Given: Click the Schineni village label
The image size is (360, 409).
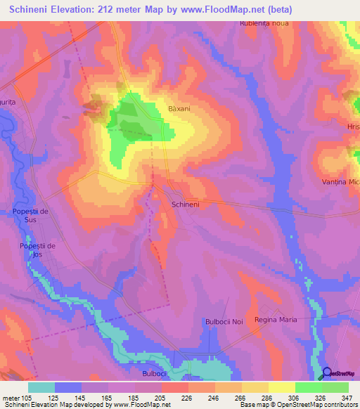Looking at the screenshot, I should click(x=186, y=204).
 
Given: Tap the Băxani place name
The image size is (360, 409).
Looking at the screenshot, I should click(x=180, y=109).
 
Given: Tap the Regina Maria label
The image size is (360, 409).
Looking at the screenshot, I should click(x=276, y=320).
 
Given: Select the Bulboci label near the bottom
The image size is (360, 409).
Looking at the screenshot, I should click(x=153, y=374).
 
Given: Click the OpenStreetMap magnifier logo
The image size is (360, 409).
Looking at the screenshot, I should click(x=328, y=374).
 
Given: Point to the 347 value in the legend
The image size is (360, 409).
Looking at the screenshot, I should click(x=347, y=397).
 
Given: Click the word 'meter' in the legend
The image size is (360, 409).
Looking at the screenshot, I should click(x=12, y=397).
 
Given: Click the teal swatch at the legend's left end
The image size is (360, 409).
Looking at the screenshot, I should click(x=41, y=387).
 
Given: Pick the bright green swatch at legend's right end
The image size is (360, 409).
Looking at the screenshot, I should click(x=335, y=387).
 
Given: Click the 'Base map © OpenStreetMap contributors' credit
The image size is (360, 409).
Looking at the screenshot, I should click(x=299, y=405).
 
